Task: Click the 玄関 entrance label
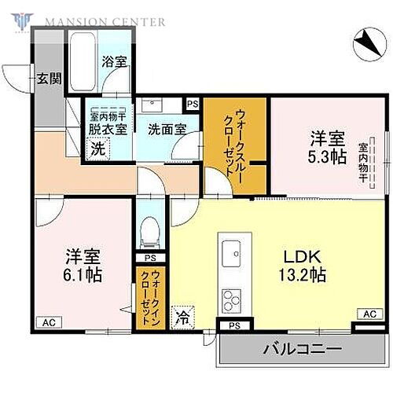pyautogui.click(x=43, y=79)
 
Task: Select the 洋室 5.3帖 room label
pyautogui.click(x=326, y=148)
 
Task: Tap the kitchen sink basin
pyautogui.click(x=233, y=253)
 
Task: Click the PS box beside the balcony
pyautogui.click(x=233, y=325)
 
